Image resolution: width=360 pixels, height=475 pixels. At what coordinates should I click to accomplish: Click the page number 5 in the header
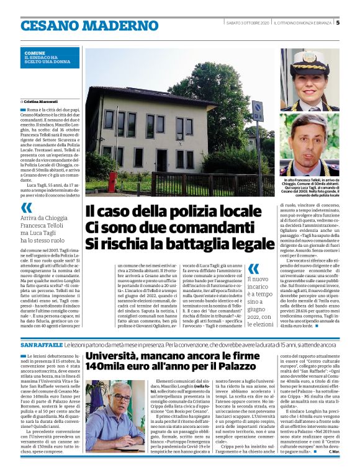point(338,24)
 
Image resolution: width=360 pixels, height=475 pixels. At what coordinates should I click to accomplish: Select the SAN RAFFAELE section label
point(40,344)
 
